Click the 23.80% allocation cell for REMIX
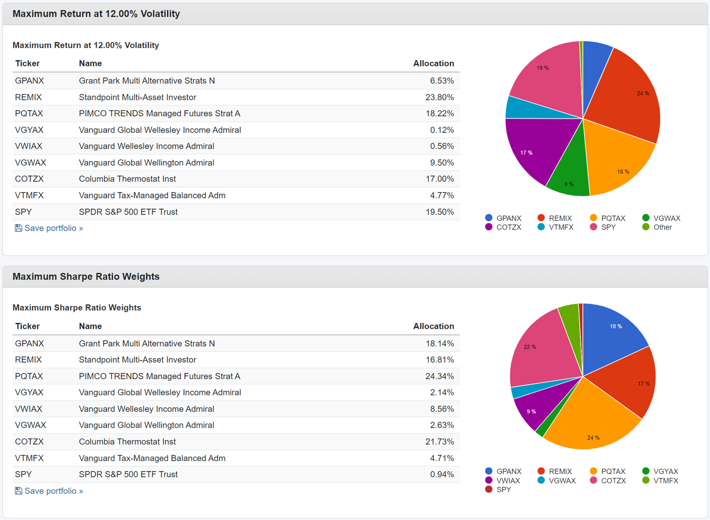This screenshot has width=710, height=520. pyautogui.click(x=439, y=97)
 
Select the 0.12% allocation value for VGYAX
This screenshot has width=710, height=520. pyautogui.click(x=442, y=130)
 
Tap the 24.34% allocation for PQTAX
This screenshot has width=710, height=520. pyautogui.click(x=439, y=376)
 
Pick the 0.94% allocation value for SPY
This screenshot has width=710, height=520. pyautogui.click(x=442, y=474)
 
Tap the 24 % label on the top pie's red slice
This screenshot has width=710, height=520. pyautogui.click(x=643, y=94)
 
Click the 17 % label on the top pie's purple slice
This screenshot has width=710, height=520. pyautogui.click(x=526, y=153)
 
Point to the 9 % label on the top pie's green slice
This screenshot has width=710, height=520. pyautogui.click(x=569, y=184)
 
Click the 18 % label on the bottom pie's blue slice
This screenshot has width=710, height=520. pyautogui.click(x=616, y=326)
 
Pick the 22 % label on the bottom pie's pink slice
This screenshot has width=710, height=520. pyautogui.click(x=530, y=347)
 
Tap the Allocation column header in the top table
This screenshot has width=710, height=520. pyautogui.click(x=433, y=63)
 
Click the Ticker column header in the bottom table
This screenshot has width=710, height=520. pyautogui.click(x=27, y=326)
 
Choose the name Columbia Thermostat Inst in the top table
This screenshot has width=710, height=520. pyautogui.click(x=127, y=179)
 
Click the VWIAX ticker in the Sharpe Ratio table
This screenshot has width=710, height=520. pyautogui.click(x=29, y=409)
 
